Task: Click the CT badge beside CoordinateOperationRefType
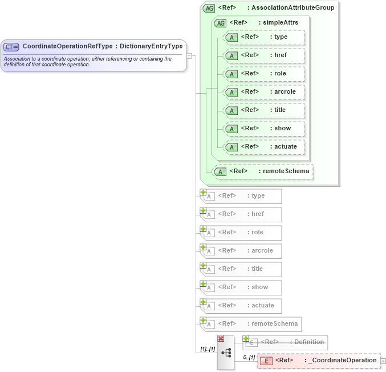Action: (11, 46)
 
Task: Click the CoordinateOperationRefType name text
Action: (67, 46)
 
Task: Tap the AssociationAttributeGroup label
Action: (290, 8)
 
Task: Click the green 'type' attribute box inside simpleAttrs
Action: (265, 37)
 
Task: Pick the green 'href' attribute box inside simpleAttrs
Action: (265, 55)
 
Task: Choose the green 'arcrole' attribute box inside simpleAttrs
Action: (265, 92)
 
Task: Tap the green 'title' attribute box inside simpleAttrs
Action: (265, 110)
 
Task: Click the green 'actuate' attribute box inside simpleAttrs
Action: (265, 147)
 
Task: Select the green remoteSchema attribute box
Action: (263, 171)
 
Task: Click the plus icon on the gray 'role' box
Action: (203, 229)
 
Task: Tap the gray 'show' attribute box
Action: (242, 287)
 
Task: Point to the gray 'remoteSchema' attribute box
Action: (251, 324)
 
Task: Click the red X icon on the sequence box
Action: (221, 339)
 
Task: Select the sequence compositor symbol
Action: (226, 353)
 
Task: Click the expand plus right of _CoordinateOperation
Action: (383, 361)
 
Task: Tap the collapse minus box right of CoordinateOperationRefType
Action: (189, 56)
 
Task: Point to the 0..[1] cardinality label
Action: (249, 357)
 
